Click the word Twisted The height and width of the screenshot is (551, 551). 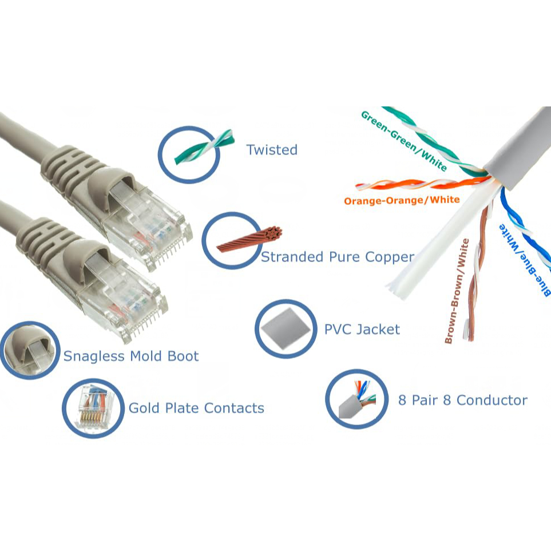(x=272, y=150)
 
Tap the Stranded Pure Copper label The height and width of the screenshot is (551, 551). (x=337, y=257)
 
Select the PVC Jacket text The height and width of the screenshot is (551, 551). (x=362, y=330)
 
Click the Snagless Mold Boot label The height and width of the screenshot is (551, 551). (x=130, y=356)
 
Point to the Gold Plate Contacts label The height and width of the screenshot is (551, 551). (x=196, y=408)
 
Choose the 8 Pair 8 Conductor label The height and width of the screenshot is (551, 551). (x=462, y=400)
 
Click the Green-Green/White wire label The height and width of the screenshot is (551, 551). (x=403, y=141)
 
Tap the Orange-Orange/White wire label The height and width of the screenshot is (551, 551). (x=402, y=200)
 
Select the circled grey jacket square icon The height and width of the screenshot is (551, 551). (x=285, y=329)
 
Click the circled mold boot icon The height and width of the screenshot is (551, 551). (x=30, y=350)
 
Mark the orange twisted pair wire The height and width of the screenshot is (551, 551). (x=418, y=184)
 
